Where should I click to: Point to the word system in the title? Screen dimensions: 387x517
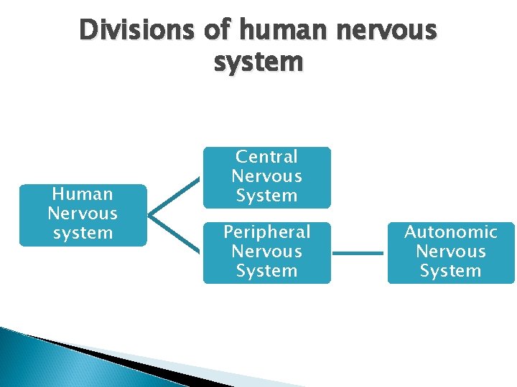(258, 62)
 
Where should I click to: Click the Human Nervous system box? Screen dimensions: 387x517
(83, 214)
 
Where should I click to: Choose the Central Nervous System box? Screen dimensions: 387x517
(266, 176)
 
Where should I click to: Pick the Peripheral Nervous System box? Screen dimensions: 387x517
(266, 252)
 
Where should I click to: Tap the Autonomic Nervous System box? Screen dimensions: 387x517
(451, 252)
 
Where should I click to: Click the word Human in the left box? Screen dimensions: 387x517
(83, 194)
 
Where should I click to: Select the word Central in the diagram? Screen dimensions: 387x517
(266, 157)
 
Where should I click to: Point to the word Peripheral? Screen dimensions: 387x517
(266, 232)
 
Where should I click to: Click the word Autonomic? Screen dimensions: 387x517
(451, 232)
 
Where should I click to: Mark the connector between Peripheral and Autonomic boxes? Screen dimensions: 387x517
(359, 252)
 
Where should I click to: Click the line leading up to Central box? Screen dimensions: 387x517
(174, 196)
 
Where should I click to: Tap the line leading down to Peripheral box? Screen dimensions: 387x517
(174, 233)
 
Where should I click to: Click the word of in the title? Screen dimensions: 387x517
(218, 30)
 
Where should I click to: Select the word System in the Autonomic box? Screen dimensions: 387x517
(451, 271)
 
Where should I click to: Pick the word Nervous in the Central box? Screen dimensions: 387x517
(266, 176)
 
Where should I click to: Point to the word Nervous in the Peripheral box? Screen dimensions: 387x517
(266, 252)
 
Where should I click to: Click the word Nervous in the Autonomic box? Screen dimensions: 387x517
(451, 252)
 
